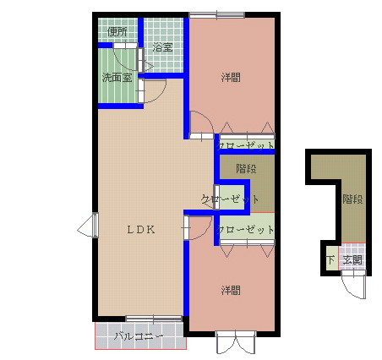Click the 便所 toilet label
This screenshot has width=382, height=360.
[x=117, y=32]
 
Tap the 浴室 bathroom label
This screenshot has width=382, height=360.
[x=162, y=47]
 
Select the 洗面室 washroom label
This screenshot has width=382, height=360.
[x=117, y=78]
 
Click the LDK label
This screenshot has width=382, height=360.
[x=141, y=228]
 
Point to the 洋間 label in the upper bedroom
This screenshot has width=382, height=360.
[x=231, y=78]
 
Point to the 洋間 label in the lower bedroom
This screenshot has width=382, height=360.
[x=231, y=291]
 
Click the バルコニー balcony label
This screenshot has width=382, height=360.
[x=138, y=339]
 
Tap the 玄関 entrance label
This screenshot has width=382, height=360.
[x=353, y=260]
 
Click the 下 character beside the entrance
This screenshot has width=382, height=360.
[x=330, y=260]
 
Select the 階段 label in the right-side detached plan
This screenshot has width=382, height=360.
[x=353, y=200]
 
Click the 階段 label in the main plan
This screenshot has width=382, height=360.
[x=246, y=167]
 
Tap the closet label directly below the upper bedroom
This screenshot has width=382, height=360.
[x=246, y=145]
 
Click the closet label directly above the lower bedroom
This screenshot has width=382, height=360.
[x=246, y=229]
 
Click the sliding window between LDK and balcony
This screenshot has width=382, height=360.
[x=153, y=319]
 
